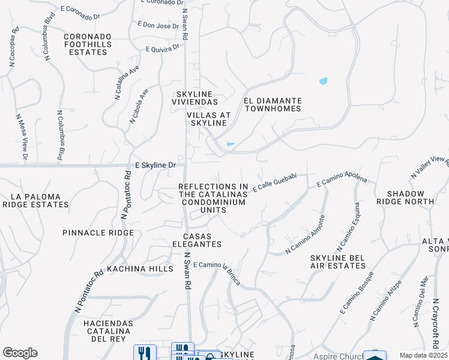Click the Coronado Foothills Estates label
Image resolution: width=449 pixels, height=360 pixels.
point(88,44)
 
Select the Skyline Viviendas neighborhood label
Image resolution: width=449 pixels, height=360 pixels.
point(196,98)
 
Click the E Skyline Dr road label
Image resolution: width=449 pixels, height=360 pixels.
point(155,165)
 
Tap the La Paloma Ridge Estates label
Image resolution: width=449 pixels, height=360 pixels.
point(35,200)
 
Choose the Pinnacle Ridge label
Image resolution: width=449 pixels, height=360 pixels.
point(98,232)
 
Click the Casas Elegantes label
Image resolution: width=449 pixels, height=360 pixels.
point(202,240)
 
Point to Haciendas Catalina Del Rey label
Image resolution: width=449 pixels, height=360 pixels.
point(107,331)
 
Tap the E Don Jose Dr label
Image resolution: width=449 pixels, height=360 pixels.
point(158,25)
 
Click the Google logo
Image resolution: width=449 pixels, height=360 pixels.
point(20,353)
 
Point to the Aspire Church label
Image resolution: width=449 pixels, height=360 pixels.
point(337,356)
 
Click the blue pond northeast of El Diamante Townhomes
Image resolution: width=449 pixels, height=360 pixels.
point(324,81)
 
